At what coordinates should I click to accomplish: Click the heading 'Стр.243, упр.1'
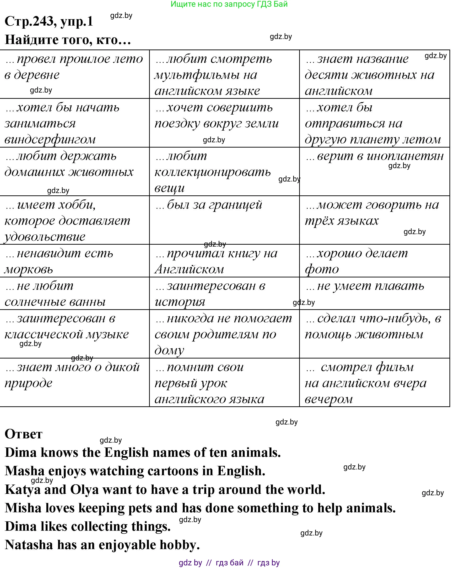[x=49, y=21]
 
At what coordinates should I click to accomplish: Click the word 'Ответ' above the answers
[x=23, y=434]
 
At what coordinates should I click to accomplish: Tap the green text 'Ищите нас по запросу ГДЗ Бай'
[x=229, y=4]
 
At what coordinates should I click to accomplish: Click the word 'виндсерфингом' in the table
[x=50, y=139]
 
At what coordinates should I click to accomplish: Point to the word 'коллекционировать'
[x=213, y=172]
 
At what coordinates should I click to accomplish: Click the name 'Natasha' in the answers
[x=29, y=545]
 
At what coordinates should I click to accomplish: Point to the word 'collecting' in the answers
[x=99, y=526]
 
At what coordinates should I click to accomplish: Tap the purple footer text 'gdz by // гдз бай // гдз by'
[x=229, y=563]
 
